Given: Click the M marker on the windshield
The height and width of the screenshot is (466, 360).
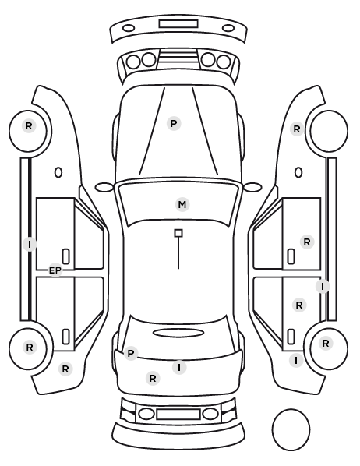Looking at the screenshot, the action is tap(182, 204).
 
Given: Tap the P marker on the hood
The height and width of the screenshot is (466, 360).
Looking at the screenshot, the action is tap(174, 123).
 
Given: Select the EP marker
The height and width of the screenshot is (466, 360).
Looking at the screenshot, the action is tap(55, 270).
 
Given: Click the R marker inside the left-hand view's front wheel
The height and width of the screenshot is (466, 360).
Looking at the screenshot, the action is tap(29, 126).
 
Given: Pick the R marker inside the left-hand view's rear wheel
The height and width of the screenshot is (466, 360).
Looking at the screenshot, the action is tap(30, 347).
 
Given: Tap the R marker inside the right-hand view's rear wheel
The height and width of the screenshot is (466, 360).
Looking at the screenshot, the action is tap(326, 343).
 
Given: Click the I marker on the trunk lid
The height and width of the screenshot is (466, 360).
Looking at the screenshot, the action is tap(179, 367).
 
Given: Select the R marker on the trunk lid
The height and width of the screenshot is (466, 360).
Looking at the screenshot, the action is tap(153, 378).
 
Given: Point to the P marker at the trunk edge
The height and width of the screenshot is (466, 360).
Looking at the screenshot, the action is tap(130, 353).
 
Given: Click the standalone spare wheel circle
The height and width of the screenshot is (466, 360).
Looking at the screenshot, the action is tap(291, 429).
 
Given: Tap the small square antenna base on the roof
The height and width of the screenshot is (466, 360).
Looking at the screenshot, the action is tap(178, 233).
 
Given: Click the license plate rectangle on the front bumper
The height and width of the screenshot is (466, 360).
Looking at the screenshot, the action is tap(178, 24).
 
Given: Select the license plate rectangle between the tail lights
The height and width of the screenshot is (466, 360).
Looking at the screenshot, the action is tap(178, 414).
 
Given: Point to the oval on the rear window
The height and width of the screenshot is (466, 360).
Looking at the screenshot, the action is tap(178, 333).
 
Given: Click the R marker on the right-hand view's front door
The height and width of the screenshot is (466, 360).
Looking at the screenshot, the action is tap(307, 242).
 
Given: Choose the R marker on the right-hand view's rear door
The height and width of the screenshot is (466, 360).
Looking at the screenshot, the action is tap(299, 305).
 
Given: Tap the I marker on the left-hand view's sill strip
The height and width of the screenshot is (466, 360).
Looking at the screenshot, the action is tap(30, 244).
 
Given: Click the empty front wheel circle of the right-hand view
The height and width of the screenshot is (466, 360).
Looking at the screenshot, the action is tap(329, 131).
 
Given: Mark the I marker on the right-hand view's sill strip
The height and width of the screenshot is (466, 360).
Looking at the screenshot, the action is tap(323, 287).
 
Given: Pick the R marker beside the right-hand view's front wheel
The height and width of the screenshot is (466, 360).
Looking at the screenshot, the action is tap(297, 129).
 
